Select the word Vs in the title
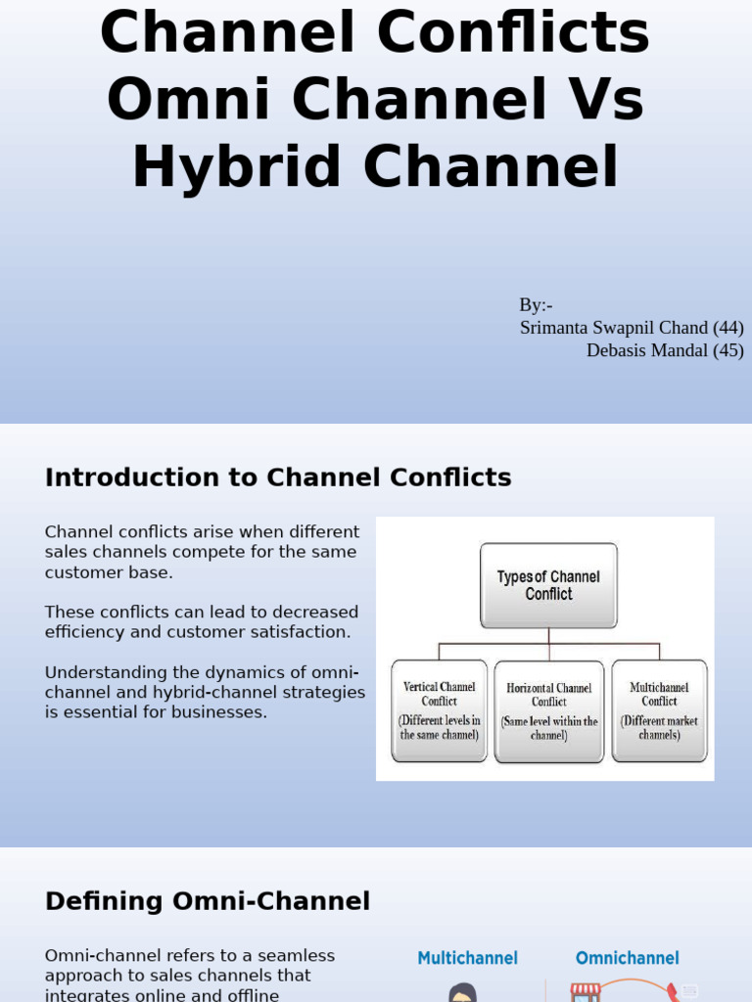point(604,100)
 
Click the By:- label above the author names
point(536,305)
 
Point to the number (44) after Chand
point(728,328)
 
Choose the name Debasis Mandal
point(646,350)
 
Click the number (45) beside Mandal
point(728,350)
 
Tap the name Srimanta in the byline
point(556,328)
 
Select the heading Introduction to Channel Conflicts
point(278,478)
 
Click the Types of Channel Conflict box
point(548,585)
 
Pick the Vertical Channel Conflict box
point(439,710)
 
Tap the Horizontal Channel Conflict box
point(548,711)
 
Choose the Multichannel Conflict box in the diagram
point(659,710)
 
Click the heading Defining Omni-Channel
point(208,901)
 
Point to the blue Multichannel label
point(467,958)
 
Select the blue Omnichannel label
point(627,958)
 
